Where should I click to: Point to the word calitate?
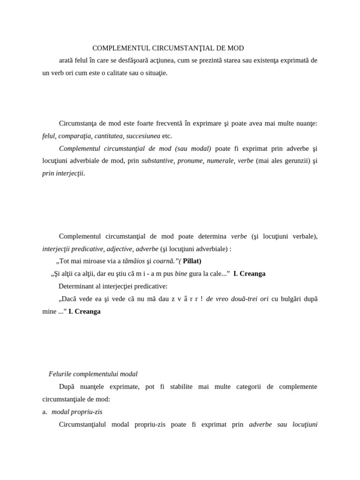tap(109, 73)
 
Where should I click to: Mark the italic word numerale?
tap(219, 161)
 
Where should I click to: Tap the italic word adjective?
tap(119, 249)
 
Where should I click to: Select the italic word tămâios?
tap(134, 261)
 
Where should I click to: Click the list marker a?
tap(45, 412)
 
